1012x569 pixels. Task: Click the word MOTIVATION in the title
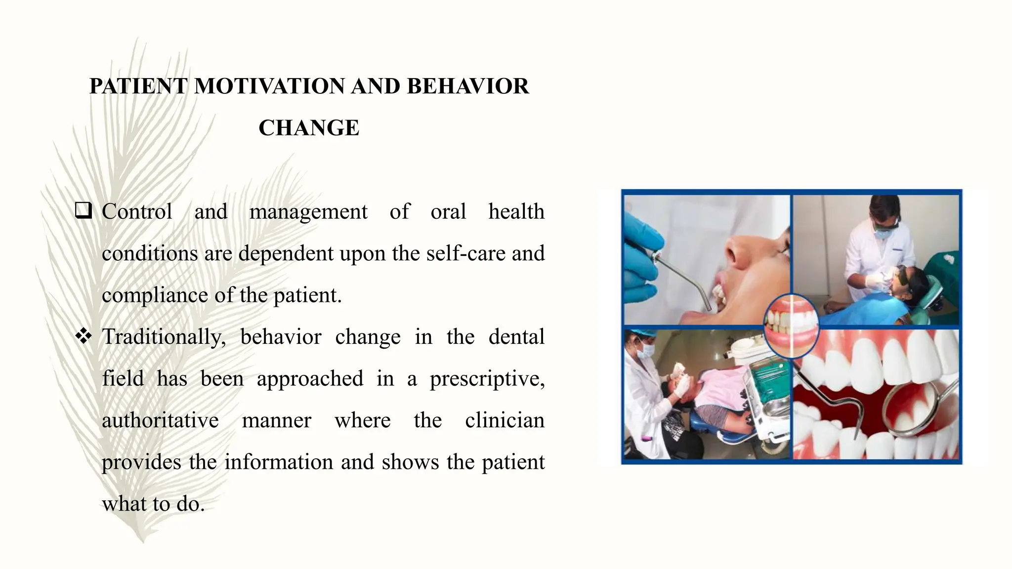point(269,86)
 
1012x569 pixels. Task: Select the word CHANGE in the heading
point(309,128)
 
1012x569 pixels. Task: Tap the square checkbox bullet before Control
point(84,211)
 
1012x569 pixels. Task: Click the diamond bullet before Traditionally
point(84,336)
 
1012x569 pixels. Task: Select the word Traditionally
point(164,337)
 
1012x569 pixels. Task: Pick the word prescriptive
point(487,379)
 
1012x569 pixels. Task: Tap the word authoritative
point(160,421)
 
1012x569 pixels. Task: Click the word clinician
point(505,421)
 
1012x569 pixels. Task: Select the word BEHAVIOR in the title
point(467,86)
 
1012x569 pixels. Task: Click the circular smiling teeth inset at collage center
point(791,326)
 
